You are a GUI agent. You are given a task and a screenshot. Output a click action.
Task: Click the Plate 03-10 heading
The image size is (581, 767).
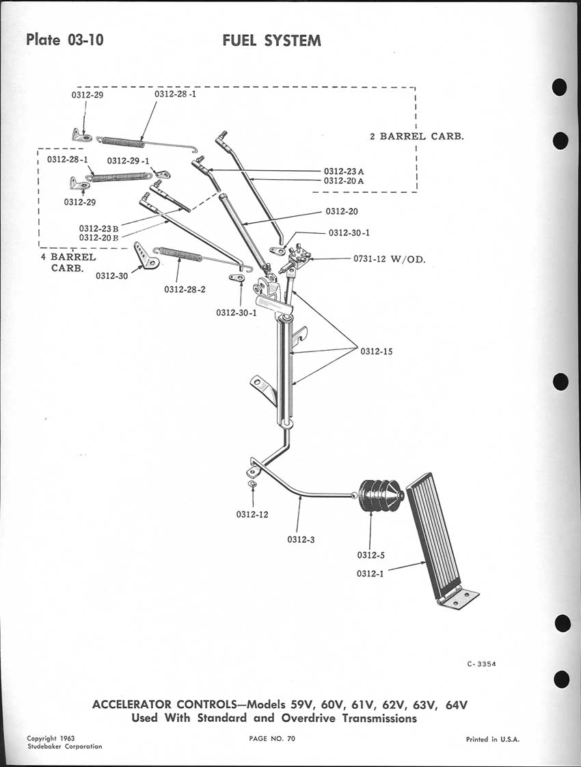[65, 39]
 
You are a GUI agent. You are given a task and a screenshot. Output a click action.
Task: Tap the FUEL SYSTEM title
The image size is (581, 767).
[271, 40]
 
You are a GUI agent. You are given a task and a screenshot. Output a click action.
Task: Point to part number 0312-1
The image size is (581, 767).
[370, 574]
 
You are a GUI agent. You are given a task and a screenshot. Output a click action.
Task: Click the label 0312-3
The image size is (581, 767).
[301, 539]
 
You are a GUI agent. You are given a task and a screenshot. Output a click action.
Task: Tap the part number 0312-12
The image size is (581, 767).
[253, 514]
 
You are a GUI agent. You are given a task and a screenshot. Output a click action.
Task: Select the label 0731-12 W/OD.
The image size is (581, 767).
[389, 260]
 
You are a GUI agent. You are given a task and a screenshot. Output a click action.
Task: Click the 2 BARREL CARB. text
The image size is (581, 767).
[416, 136]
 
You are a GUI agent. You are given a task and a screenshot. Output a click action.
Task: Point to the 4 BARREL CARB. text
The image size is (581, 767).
[68, 263]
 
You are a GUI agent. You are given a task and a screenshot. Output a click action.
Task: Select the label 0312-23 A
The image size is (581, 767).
[344, 171]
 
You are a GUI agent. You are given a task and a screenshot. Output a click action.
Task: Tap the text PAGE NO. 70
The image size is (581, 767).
[273, 738]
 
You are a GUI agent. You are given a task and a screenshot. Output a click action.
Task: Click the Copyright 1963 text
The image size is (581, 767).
[51, 738]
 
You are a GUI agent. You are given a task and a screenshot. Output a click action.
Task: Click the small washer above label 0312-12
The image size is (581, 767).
[252, 484]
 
